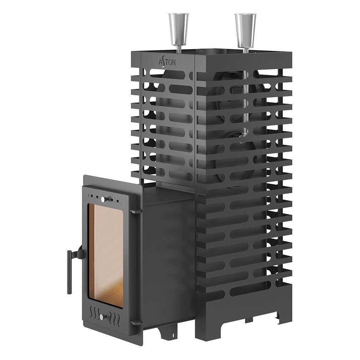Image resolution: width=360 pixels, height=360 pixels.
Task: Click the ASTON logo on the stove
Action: pyautogui.click(x=167, y=62)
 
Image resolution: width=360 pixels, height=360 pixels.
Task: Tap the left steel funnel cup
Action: pyautogui.click(x=179, y=29)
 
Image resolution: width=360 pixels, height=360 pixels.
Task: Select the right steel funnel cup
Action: pyautogui.click(x=245, y=29)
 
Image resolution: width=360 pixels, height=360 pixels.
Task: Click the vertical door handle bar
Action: pyautogui.click(x=69, y=272)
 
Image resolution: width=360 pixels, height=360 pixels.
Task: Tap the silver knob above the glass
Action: pyautogui.click(x=103, y=199)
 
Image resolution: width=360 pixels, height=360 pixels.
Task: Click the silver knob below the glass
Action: pyautogui.click(x=101, y=317)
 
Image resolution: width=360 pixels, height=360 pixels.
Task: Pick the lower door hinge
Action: pyautogui.click(x=136, y=323)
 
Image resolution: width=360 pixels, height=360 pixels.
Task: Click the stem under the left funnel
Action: pyautogui.click(x=178, y=49)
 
